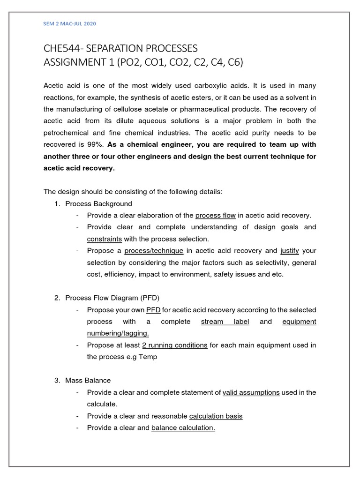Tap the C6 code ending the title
pyautogui.click(x=234, y=62)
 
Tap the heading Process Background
pyautogui.click(x=99, y=203)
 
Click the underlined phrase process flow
pyautogui.click(x=216, y=215)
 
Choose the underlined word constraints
pyautogui.click(x=105, y=239)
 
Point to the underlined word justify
pyautogui.click(x=289, y=251)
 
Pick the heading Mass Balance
pyautogui.click(x=88, y=381)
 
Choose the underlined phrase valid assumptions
pyautogui.click(x=251, y=392)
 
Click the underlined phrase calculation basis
pyautogui.click(x=216, y=416)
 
